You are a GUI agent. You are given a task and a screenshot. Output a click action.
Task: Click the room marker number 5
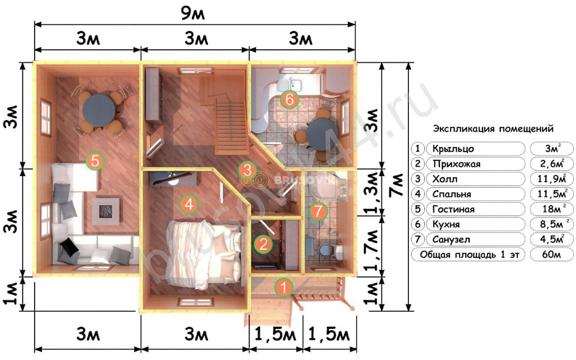(x=95, y=161)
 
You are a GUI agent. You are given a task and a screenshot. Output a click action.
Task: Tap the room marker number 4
(x=189, y=204)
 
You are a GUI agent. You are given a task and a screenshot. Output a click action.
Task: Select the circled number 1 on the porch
(x=284, y=287)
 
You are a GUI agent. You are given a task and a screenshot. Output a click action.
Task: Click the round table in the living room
(x=99, y=111)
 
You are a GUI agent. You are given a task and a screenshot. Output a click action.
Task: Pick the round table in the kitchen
(x=322, y=135)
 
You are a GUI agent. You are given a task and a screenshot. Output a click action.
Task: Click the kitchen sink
(x=290, y=84)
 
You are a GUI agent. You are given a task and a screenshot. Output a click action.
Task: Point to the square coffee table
(x=106, y=212)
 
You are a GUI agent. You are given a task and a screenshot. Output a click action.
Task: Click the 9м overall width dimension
(x=193, y=14)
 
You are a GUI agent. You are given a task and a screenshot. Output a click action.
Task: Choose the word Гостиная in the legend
(x=453, y=209)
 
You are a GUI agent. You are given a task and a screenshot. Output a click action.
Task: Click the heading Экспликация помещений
(x=493, y=128)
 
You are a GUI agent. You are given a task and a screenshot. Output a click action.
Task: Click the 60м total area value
(x=551, y=255)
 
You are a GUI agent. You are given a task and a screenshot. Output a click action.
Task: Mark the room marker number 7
(x=318, y=211)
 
